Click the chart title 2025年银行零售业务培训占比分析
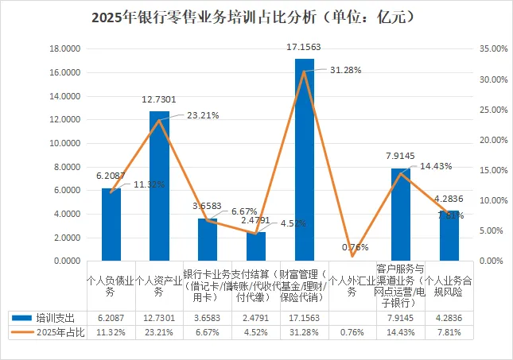[x=257, y=17]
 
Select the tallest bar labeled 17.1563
[x=305, y=159]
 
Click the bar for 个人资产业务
[x=160, y=186]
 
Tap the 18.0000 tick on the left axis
[x=64, y=48]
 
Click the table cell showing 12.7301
[x=159, y=317]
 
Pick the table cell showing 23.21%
[x=159, y=331]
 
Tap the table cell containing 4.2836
[x=449, y=317]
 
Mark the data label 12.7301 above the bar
[x=159, y=100]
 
